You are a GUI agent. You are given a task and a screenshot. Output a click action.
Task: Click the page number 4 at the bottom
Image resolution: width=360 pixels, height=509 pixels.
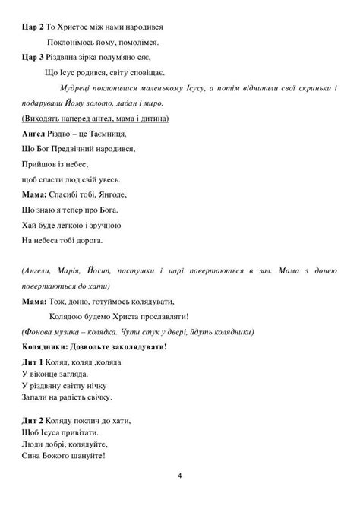pyautogui.click(x=180, y=476)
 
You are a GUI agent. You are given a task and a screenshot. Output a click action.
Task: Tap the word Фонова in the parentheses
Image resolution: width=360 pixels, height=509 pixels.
pyautogui.click(x=42, y=332)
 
